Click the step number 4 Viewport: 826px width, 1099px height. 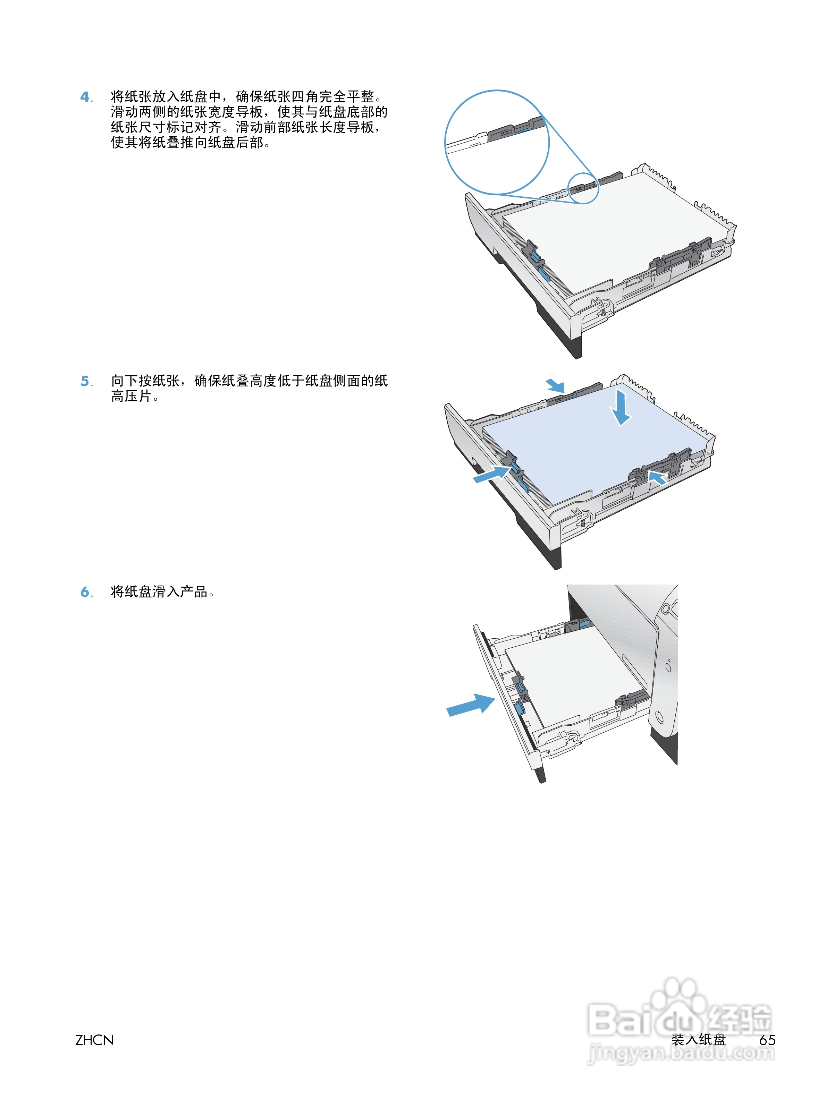(x=85, y=96)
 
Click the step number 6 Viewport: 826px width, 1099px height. (x=85, y=592)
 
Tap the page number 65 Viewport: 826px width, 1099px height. (x=767, y=1040)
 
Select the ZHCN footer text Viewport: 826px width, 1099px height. (x=94, y=1040)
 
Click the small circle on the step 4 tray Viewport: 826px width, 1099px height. (x=583, y=188)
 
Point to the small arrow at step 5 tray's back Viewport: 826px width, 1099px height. (x=555, y=385)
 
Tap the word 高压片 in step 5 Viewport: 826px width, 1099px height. (x=130, y=397)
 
